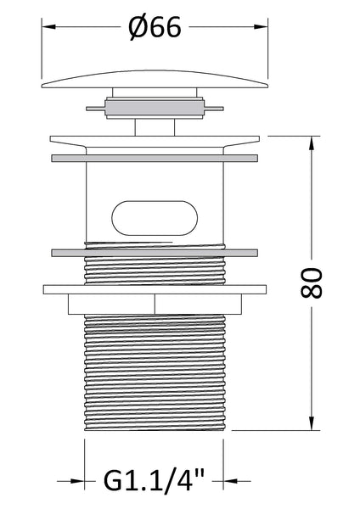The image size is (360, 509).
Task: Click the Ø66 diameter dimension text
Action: pyautogui.click(x=155, y=29)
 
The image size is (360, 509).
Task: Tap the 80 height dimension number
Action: pyautogui.click(x=311, y=282)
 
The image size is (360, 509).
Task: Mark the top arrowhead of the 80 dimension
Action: pyautogui.click(x=312, y=141)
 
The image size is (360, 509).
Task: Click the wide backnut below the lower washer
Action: pyautogui.click(x=155, y=288)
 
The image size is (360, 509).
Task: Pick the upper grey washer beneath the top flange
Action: pyautogui.click(x=155, y=158)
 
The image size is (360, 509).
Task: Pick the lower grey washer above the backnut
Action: pyautogui.click(x=155, y=252)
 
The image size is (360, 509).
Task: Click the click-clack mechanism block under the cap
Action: pyautogui.click(x=155, y=109)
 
